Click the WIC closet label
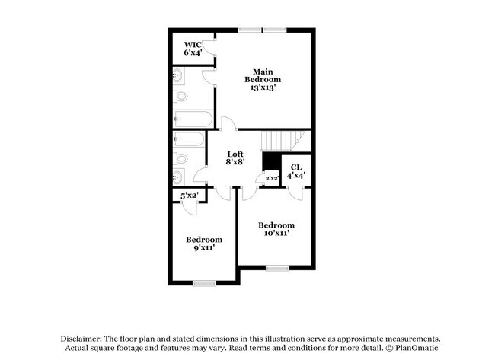coord(193,45)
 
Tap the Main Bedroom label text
coord(263,75)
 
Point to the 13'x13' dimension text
coord(263,88)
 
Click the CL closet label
coord(296,167)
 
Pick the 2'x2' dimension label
coord(272,178)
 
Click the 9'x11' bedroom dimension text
coord(205,247)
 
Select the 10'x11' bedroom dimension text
coord(276,234)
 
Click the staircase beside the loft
coord(282,140)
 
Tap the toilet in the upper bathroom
coord(180,97)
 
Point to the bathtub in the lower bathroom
coord(189,139)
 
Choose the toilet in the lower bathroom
coord(180,159)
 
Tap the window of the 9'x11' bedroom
coord(204,284)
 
